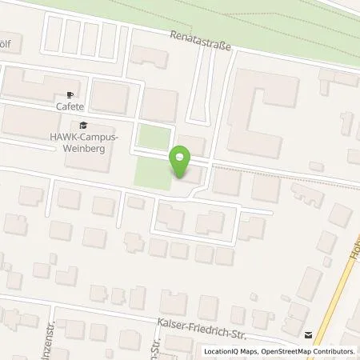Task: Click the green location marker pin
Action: (181, 162)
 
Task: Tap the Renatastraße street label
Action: (199, 42)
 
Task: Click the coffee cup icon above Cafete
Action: (70, 94)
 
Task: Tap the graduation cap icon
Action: (82, 125)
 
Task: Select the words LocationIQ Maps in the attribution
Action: (230, 351)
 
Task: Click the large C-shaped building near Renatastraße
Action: (256, 120)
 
